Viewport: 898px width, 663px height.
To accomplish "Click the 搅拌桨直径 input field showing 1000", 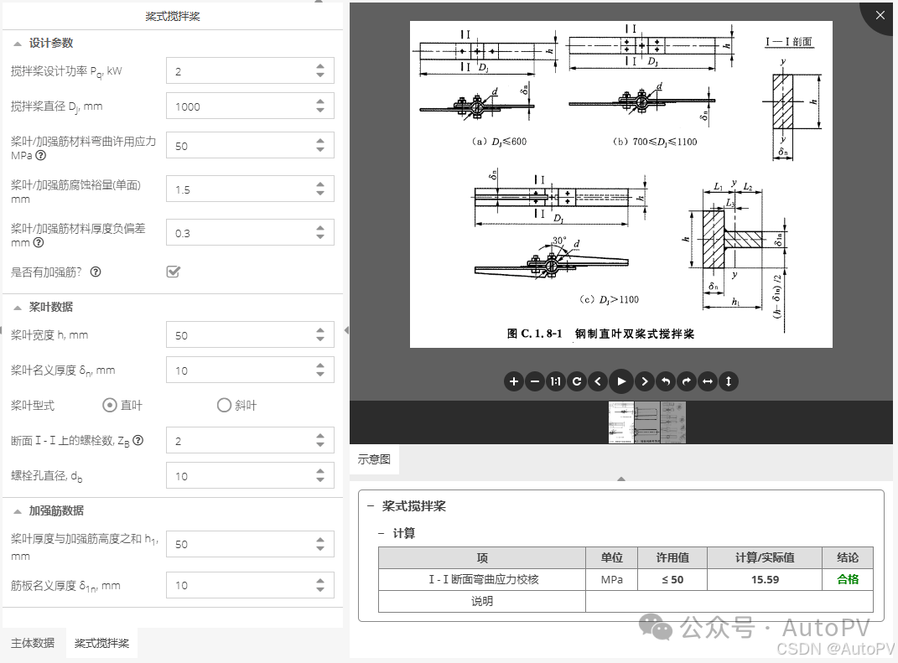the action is [x=239, y=106].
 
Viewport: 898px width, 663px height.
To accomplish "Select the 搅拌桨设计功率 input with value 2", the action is [x=239, y=71].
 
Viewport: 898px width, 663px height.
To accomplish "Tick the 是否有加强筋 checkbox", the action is [x=174, y=272].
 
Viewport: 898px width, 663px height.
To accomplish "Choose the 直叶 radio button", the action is [x=110, y=406].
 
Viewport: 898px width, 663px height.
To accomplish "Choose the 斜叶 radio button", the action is [x=224, y=406].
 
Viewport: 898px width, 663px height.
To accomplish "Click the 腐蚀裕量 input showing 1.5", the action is [x=239, y=189].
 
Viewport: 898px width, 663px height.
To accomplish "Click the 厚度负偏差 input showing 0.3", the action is [x=239, y=233].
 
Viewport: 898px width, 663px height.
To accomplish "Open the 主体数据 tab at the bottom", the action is [x=33, y=643].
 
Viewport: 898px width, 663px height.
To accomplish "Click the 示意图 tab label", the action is [x=374, y=459].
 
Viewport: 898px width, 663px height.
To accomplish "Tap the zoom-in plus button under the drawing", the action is [x=514, y=381].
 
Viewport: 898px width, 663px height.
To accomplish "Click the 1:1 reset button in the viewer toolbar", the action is [x=555, y=381].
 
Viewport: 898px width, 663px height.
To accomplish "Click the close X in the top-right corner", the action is [x=880, y=15].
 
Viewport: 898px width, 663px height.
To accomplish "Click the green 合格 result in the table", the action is [x=848, y=579].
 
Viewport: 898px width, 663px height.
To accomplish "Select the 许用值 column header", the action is [x=672, y=557].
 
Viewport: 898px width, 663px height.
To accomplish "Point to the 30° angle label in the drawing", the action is [x=560, y=241].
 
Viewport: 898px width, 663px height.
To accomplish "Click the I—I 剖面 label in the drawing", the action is [x=788, y=41].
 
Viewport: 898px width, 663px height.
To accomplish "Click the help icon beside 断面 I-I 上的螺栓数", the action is [x=138, y=440].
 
